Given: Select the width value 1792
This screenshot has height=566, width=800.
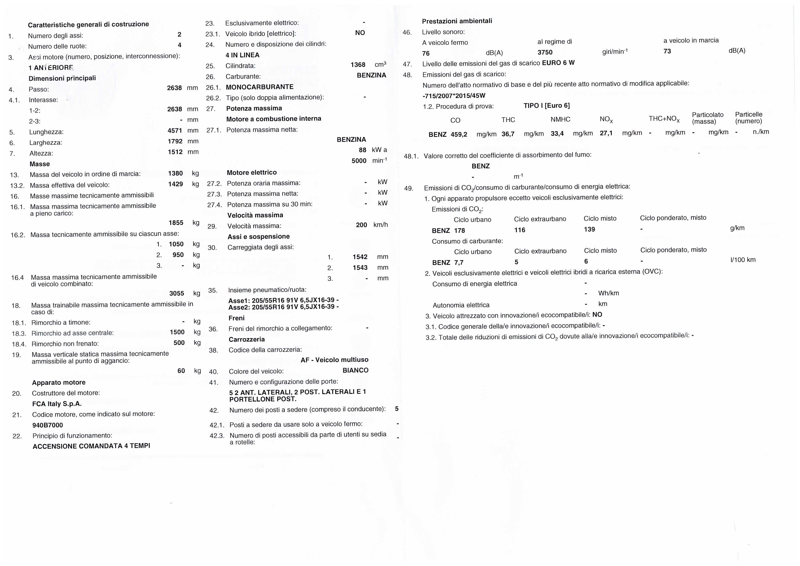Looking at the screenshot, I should (175, 141).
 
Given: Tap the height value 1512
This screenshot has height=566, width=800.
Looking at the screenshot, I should (175, 152).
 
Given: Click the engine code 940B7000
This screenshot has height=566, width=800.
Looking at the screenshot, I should (48, 425).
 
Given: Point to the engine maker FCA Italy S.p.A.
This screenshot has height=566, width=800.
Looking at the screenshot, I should (57, 404).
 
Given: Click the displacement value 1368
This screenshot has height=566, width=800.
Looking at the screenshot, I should (358, 65).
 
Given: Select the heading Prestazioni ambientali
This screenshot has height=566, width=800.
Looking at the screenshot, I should (457, 21).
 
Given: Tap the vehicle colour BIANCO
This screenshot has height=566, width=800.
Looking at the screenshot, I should (355, 370).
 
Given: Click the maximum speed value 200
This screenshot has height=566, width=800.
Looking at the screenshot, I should (361, 225).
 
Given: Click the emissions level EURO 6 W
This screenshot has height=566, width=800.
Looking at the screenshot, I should (558, 63).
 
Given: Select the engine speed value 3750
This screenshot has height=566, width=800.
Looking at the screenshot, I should (545, 52).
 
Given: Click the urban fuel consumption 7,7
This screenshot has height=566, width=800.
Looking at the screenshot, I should (459, 262).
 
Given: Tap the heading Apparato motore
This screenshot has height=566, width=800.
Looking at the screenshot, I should (59, 383).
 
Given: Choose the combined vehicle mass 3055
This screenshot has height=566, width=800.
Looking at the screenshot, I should (177, 293).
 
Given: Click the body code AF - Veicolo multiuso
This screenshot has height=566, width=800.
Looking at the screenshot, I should (334, 360).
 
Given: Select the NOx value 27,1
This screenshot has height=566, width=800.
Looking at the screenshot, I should (606, 133).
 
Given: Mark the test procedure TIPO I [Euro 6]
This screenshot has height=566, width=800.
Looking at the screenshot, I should (546, 106).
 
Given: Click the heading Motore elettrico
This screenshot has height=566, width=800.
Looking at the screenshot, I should (252, 172).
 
